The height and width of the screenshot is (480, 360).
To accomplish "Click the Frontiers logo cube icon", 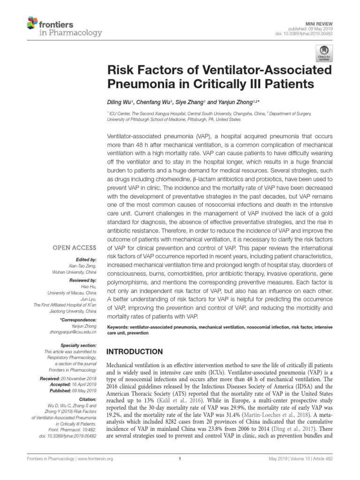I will (32, 22).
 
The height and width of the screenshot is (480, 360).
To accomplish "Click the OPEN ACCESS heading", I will (77, 248).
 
